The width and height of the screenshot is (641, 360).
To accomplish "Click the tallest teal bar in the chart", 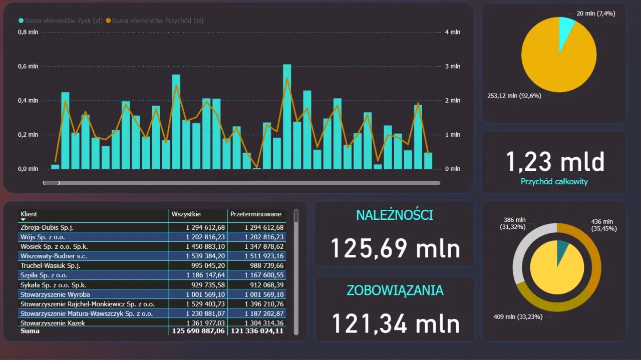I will coord(287,118).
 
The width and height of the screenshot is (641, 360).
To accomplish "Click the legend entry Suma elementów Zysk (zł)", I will coord(60,21).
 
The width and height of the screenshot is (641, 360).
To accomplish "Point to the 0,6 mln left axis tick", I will coord(28,66).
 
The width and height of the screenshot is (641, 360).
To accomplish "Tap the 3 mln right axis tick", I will coord(453,66).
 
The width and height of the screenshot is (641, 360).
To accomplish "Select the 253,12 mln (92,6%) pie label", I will coord(514,96).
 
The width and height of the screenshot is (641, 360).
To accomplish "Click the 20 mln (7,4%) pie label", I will coord(596,14).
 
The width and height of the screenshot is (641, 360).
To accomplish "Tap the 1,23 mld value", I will coord(554,162).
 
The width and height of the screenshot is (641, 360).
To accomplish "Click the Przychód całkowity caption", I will coord(554,182).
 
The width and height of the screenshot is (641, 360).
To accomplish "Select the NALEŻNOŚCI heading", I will coord(395,215).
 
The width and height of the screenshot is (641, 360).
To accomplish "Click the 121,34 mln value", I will coord(396,323).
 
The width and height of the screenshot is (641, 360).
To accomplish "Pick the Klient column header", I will coord(29,214).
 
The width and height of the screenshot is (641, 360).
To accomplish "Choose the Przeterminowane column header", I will coord(255,214).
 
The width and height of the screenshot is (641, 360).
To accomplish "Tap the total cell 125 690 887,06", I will coord(199,331).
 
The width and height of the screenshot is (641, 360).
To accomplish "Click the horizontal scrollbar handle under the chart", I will coord(51,183).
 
